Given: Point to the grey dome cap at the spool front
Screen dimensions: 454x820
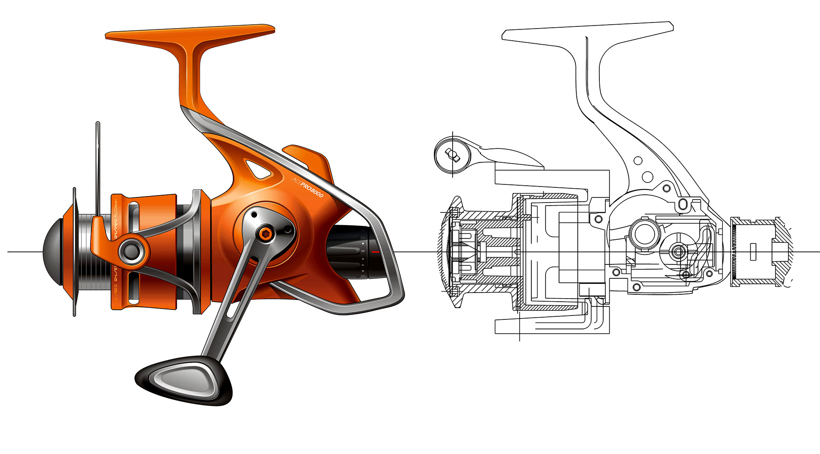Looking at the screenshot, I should [54, 251].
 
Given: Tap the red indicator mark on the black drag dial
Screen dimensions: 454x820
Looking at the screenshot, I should [375, 251].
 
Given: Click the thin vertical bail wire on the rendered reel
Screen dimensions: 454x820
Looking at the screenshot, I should [98, 169].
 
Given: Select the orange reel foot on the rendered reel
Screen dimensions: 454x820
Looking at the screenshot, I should [190, 35].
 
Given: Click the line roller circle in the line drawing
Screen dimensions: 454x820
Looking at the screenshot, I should [451, 153].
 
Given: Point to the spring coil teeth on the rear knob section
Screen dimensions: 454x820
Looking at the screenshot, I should [734, 251].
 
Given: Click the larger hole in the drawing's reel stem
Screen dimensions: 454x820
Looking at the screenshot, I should [647, 177].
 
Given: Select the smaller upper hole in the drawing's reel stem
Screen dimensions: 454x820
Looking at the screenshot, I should [637, 161].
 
